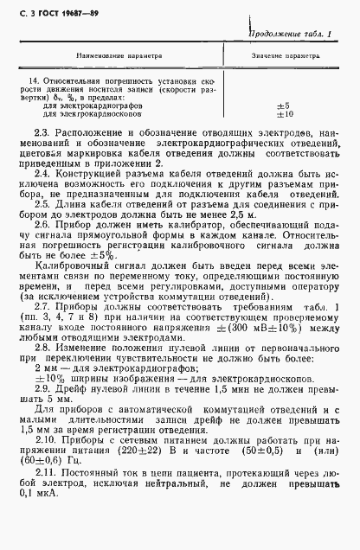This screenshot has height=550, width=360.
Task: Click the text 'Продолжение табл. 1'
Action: [x=291, y=33]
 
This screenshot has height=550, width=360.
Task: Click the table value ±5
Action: [x=281, y=105]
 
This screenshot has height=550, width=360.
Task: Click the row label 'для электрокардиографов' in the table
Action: [x=80, y=105]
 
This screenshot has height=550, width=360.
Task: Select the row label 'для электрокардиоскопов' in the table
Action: [x=80, y=112]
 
